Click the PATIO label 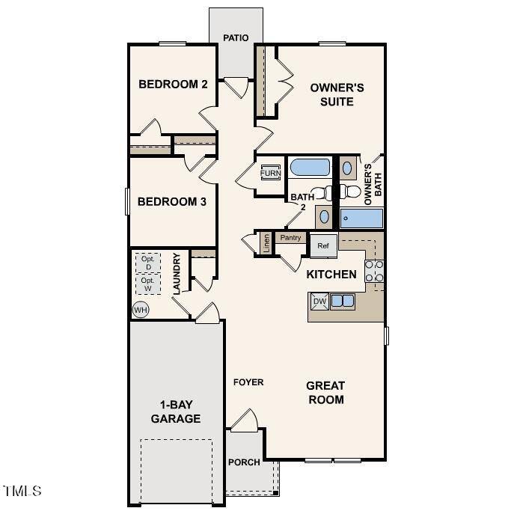236,38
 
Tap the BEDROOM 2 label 173,84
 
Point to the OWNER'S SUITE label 337,94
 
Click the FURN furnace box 270,174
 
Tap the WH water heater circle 140,310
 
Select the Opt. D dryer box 148,263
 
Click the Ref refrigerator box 323,245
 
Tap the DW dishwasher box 319,302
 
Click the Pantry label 290,238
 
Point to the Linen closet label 266,243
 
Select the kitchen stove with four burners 375,275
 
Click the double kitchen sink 343,302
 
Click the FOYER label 248,382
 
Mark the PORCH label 245,462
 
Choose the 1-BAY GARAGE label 176,412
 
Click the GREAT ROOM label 325,393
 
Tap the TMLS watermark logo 22,492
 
